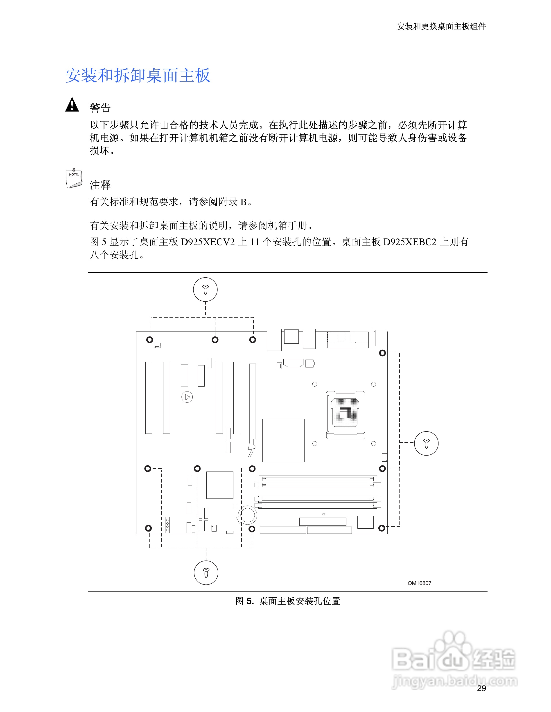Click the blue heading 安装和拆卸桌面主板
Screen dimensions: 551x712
point(138,76)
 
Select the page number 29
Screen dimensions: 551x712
point(481,688)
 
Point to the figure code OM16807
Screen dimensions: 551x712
point(419,583)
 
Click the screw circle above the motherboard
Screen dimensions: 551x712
point(205,289)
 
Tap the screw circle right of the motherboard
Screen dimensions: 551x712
point(426,443)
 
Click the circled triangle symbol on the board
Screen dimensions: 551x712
point(187,397)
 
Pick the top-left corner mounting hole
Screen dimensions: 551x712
point(149,340)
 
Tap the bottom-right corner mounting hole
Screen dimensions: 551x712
point(382,528)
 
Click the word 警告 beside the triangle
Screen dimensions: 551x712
point(100,108)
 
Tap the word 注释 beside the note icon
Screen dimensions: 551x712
point(100,185)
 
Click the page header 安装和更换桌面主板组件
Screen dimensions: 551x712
point(441,26)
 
